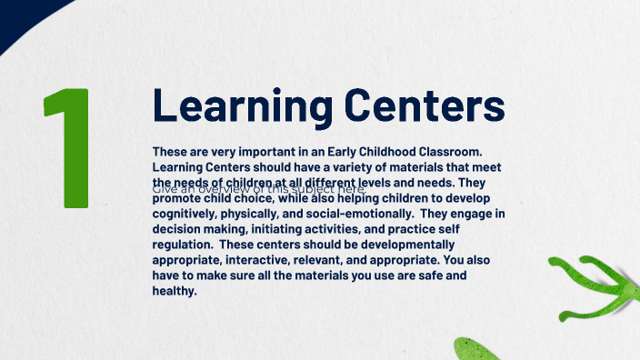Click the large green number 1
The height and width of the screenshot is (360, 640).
(x=69, y=147)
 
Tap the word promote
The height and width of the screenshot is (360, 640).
(x=180, y=198)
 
